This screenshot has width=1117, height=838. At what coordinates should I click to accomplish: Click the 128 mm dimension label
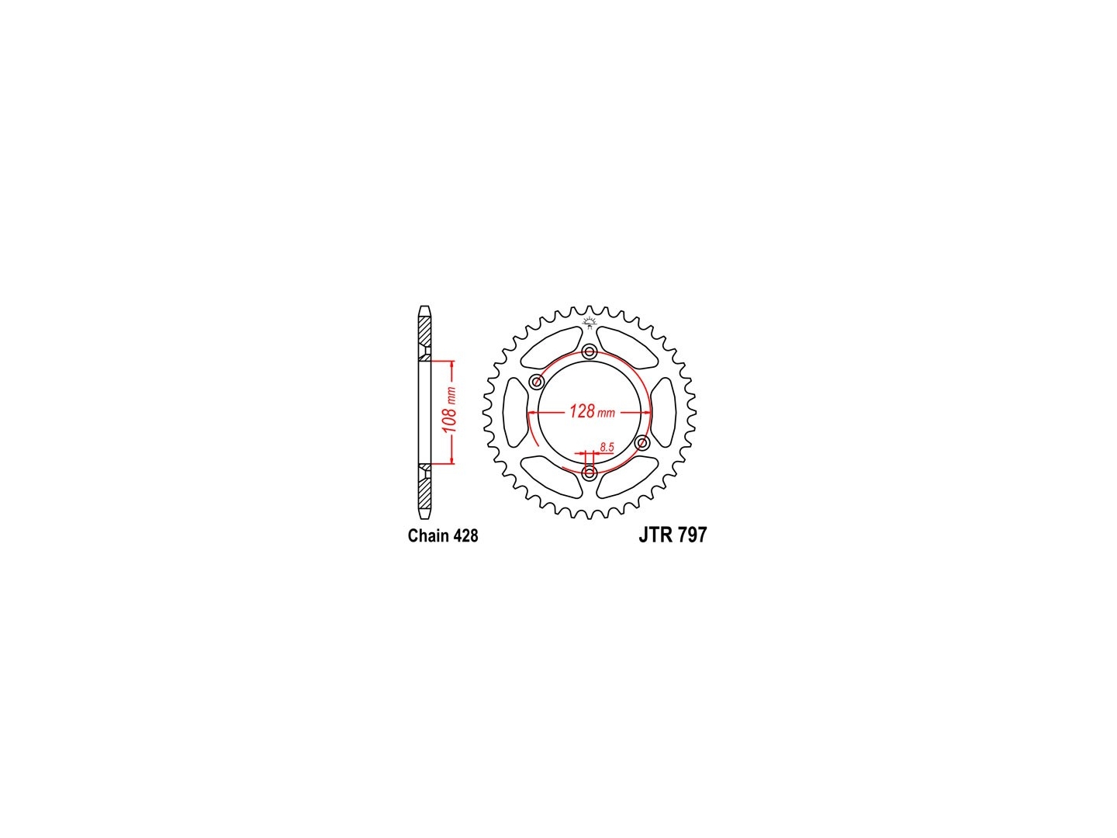(x=592, y=410)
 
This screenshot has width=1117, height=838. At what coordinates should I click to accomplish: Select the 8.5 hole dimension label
(x=607, y=447)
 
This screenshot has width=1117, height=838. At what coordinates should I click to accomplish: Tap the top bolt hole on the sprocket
(x=590, y=351)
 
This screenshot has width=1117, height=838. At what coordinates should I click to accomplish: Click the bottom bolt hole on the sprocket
(x=590, y=473)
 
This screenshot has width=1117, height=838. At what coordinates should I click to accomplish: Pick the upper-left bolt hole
(x=536, y=381)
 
